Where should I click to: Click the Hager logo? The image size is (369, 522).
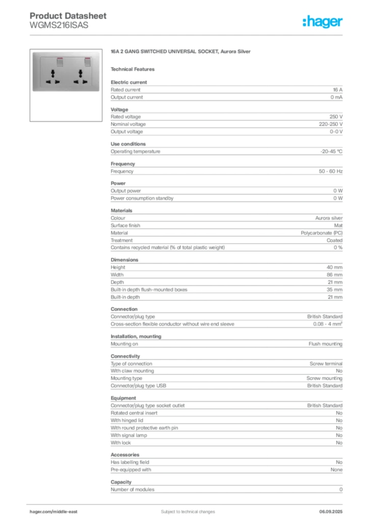click(x=322, y=21)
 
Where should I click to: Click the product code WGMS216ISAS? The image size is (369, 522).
click(x=59, y=25)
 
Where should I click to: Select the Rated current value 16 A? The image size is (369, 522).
click(x=337, y=90)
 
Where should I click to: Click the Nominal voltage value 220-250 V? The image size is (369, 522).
click(x=330, y=124)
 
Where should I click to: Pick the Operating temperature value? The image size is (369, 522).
click(x=331, y=151)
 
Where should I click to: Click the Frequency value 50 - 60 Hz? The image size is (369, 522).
click(x=330, y=171)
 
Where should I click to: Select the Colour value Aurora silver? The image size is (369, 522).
click(x=329, y=218)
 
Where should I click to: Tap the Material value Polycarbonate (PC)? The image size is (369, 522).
click(x=322, y=233)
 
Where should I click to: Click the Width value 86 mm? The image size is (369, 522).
click(x=334, y=275)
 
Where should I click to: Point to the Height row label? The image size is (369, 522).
click(x=118, y=267)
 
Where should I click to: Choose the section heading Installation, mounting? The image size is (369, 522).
click(x=136, y=336)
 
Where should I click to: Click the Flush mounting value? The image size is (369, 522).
click(x=325, y=344)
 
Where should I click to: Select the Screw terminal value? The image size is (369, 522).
click(x=326, y=364)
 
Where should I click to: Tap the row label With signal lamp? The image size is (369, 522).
click(x=129, y=435)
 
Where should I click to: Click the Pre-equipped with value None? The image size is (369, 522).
click(x=336, y=469)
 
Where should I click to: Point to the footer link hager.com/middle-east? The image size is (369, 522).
click(x=54, y=512)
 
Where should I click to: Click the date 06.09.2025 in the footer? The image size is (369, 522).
click(x=331, y=512)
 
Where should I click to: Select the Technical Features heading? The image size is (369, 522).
click(x=133, y=69)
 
